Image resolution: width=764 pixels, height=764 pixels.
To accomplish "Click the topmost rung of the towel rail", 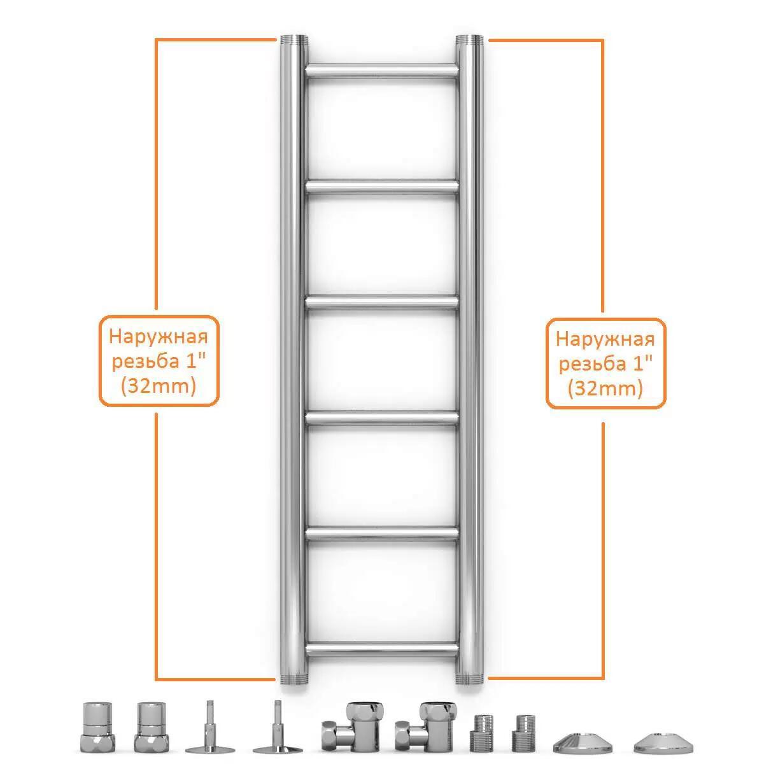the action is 382,71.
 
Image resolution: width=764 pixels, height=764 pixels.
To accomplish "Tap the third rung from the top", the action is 382,303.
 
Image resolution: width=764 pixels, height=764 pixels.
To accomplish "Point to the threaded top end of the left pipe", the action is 294,40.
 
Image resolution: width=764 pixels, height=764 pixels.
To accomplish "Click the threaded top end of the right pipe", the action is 469,40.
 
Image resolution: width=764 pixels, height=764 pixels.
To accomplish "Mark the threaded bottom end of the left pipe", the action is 294,679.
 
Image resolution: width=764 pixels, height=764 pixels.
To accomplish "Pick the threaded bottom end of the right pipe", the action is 469,679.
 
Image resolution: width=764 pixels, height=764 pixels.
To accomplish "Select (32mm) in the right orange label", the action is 605,388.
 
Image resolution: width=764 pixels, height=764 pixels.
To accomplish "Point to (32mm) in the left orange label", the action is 158,385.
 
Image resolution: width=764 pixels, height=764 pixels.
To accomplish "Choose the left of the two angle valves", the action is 350,728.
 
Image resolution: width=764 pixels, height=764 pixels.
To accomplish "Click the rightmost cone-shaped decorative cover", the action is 663,742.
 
